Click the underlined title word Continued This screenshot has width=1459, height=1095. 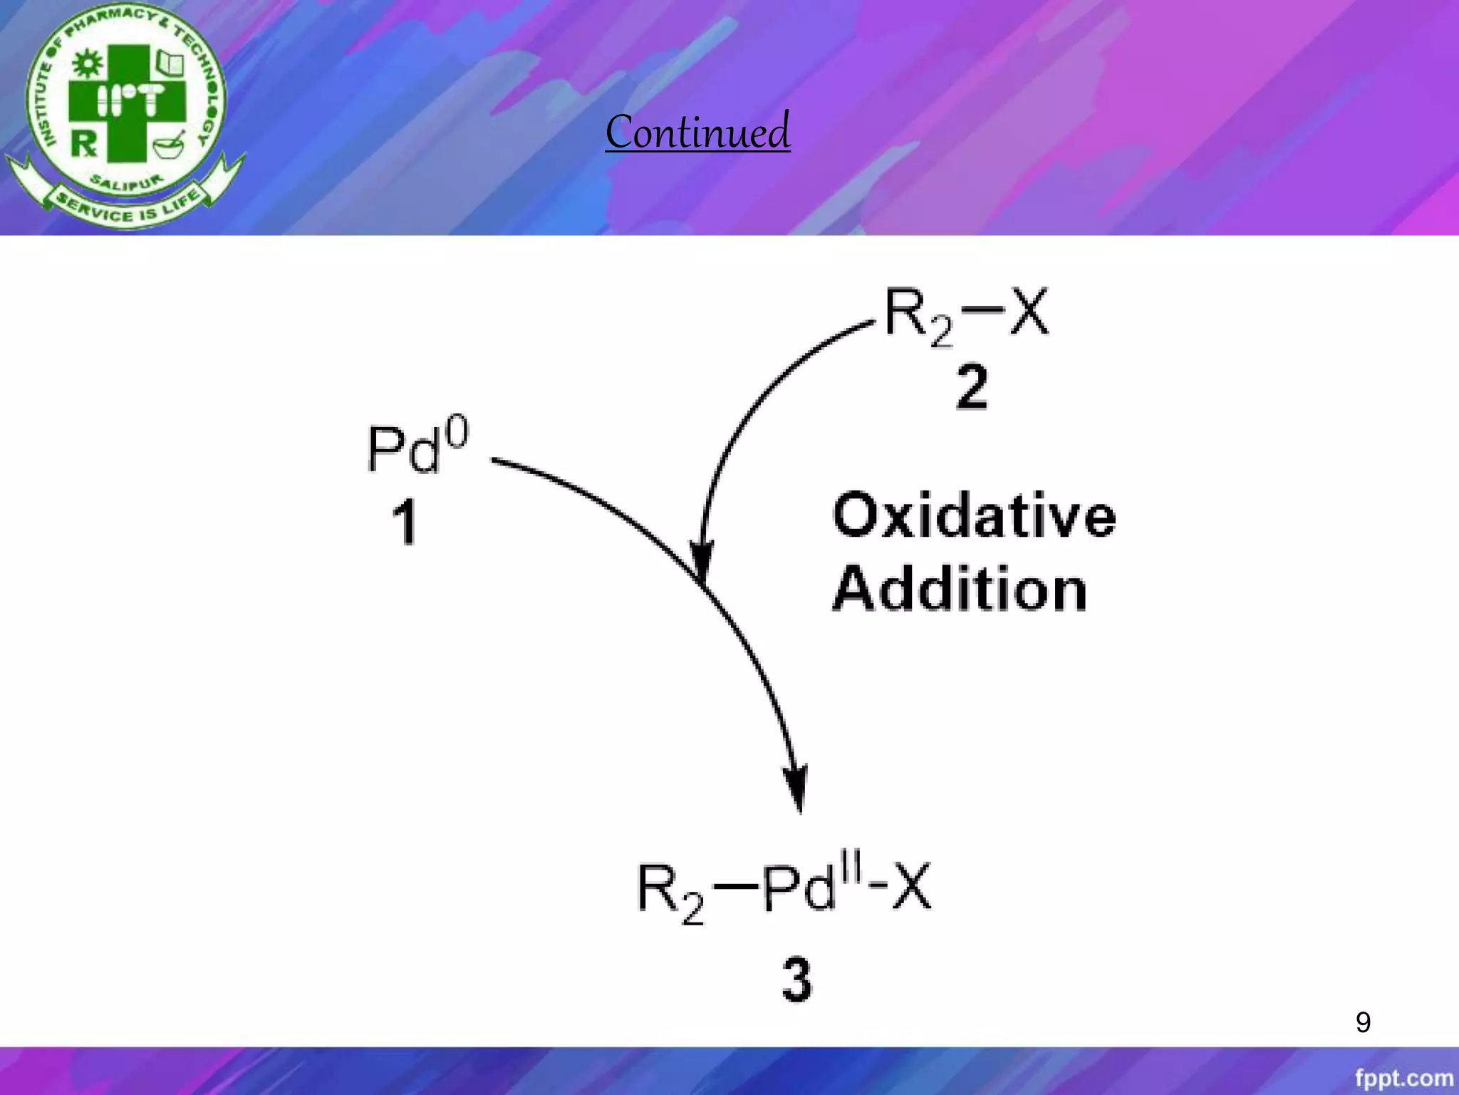(x=697, y=132)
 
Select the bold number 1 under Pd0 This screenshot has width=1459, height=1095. (x=405, y=522)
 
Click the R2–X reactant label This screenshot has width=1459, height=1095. (x=966, y=314)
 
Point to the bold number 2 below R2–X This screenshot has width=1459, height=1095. (x=972, y=386)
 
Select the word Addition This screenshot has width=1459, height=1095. (x=960, y=589)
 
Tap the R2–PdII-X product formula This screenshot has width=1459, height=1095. (x=784, y=890)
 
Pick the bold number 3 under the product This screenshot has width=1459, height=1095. (x=796, y=980)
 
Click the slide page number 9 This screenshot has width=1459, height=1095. (x=1363, y=1022)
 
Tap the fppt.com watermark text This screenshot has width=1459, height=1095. (x=1403, y=1078)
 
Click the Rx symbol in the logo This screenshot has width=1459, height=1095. (x=84, y=143)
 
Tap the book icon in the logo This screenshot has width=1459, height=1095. (x=170, y=63)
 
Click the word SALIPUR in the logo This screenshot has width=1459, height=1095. (x=127, y=183)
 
